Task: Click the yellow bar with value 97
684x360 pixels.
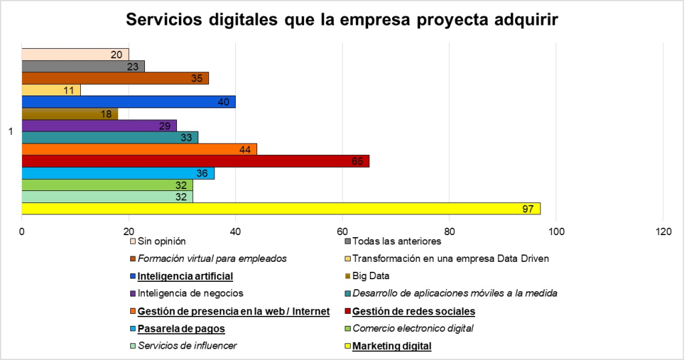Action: coord(281,208)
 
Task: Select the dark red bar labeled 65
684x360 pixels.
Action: coord(195,161)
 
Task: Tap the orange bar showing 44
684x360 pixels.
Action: coord(139,149)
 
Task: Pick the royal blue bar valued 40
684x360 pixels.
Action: coord(128,102)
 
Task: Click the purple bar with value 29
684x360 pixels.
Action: coord(99,126)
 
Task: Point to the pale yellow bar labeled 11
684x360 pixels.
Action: coord(51,89)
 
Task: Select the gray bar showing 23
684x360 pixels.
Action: coord(83,66)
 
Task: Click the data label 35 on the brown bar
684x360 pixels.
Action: coord(197,78)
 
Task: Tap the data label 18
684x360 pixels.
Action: coord(106,114)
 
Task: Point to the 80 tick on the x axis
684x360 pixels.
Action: coord(449,231)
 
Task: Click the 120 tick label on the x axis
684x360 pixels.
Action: coord(663,231)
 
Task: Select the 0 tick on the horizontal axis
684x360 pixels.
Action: coord(22,231)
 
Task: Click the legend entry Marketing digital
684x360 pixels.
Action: coord(391,346)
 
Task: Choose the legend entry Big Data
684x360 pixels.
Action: coord(371,275)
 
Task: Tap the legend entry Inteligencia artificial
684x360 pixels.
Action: coord(185,275)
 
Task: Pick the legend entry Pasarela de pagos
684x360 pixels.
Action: coord(181,329)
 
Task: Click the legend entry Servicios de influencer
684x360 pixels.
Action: coord(187,346)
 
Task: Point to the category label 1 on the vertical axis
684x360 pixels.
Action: coord(11,132)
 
